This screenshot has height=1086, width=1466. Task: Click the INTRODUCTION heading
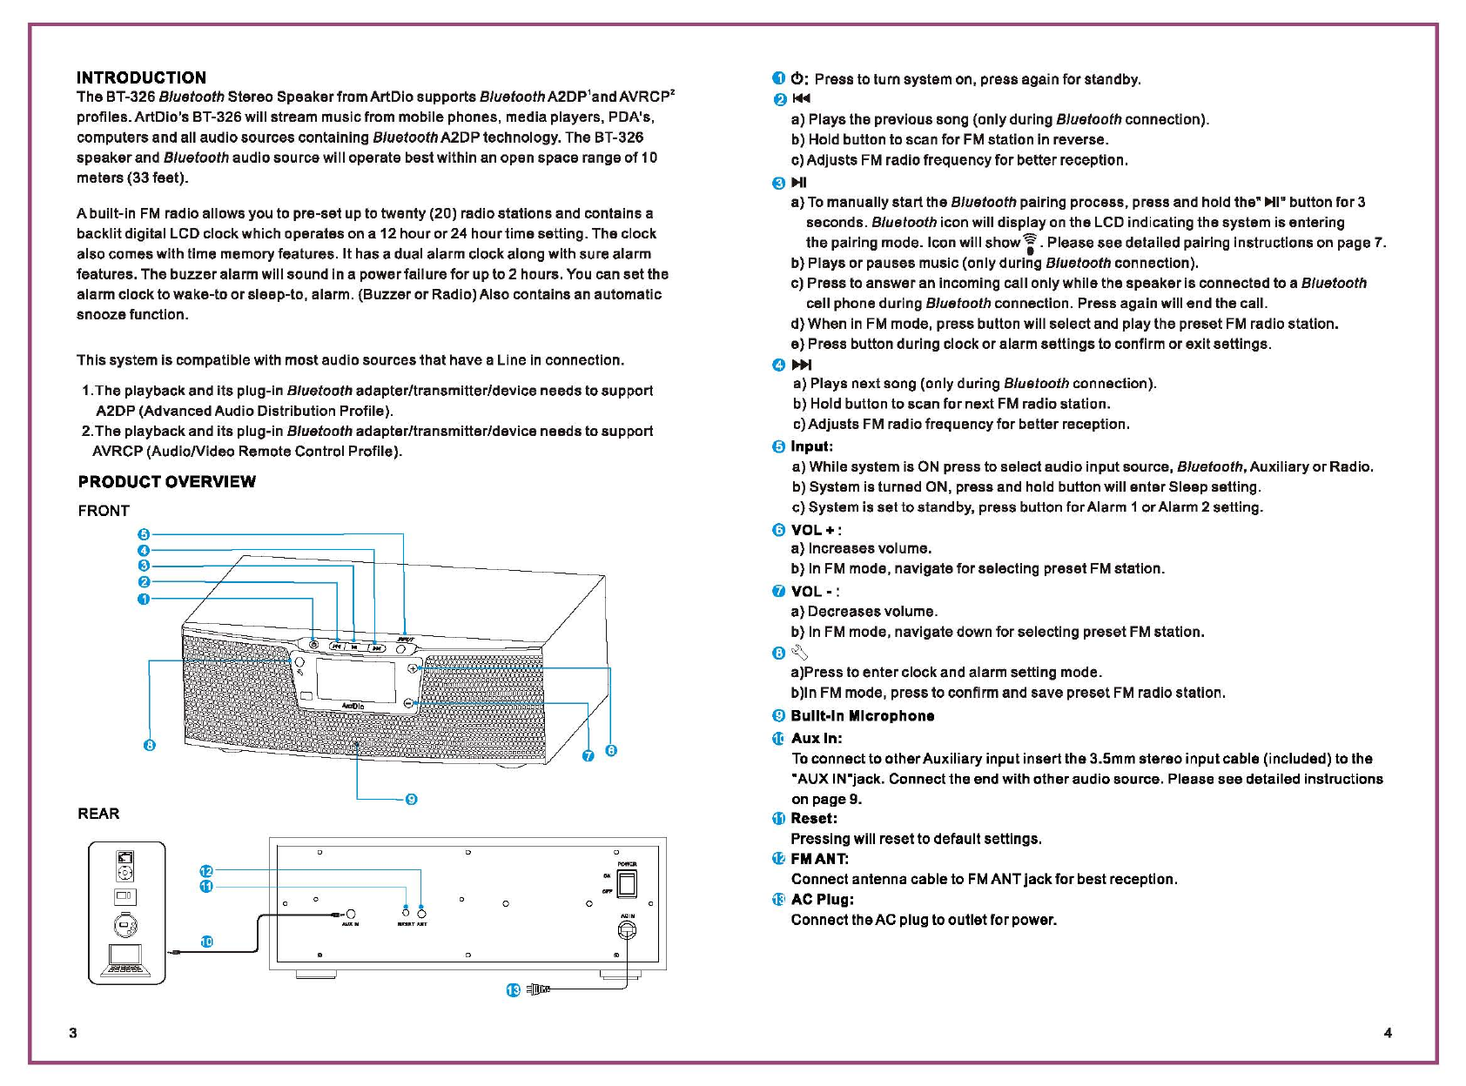(141, 77)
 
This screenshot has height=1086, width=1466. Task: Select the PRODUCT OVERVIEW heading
(166, 482)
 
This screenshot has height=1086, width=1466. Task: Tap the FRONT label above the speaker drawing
(104, 511)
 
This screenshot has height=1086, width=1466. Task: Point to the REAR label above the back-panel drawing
(98, 814)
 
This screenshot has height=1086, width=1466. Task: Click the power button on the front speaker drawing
(313, 645)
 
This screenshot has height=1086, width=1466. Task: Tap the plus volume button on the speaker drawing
(413, 668)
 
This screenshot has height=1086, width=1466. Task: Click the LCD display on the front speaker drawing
(352, 678)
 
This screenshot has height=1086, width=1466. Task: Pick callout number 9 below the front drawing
(412, 799)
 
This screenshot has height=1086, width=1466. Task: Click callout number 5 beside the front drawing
(144, 534)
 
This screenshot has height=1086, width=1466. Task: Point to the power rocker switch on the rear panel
(626, 883)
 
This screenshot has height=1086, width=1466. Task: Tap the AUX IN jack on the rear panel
(350, 915)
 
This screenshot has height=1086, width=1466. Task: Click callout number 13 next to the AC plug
(513, 990)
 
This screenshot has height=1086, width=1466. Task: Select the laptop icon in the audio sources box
(126, 962)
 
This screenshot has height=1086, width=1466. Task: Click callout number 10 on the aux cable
(206, 942)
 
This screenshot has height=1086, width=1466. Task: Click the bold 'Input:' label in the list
(811, 446)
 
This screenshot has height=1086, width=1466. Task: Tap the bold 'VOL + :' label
(816, 530)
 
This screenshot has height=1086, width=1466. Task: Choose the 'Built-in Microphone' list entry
(862, 716)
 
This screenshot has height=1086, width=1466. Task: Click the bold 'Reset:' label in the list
(814, 819)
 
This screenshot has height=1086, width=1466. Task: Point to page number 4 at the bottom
(1388, 1033)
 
